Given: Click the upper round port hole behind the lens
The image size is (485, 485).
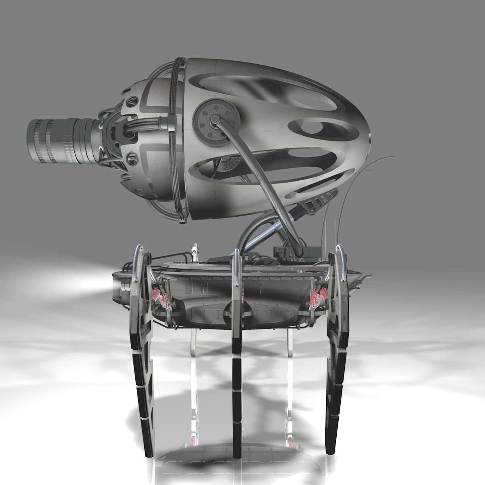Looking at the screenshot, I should (133, 100).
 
